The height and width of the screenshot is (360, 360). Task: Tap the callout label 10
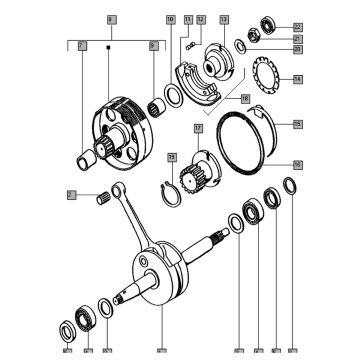click(x=171, y=20)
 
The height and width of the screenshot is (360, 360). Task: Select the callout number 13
click(x=224, y=20)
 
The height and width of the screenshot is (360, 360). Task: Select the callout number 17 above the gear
click(x=197, y=129)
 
